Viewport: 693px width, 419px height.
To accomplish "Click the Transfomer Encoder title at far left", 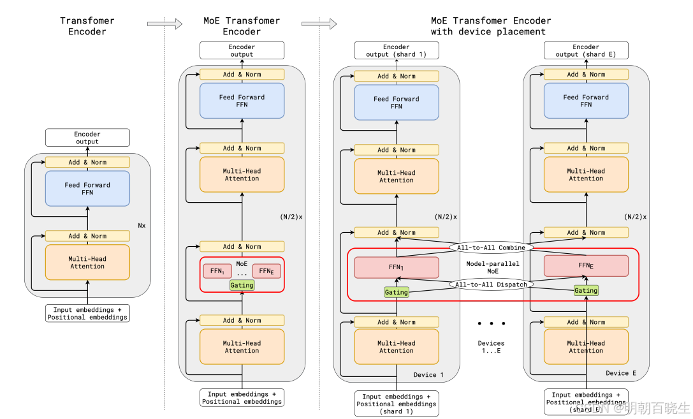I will [87, 26].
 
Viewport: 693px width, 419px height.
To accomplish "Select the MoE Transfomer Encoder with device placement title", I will [488, 26].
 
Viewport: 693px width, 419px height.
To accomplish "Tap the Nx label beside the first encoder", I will [142, 225].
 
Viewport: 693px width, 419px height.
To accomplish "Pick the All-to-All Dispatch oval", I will [491, 284].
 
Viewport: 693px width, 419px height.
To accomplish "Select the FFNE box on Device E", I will [586, 265].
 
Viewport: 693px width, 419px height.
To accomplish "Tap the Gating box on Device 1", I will [397, 292].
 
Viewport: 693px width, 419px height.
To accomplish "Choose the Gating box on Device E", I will [586, 290].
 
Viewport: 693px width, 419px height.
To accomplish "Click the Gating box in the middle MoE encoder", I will [242, 285].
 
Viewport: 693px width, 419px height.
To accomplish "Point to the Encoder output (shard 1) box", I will [397, 50].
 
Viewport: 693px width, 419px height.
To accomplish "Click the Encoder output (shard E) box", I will [586, 50].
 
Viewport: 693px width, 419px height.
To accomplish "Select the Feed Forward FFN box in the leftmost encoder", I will [87, 189].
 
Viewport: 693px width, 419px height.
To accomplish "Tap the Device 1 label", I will [429, 374].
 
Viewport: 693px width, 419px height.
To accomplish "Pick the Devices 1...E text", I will [491, 347].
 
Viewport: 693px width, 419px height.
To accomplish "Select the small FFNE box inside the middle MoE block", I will [266, 271].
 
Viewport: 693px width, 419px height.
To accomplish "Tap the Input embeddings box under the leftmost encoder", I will [87, 313].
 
